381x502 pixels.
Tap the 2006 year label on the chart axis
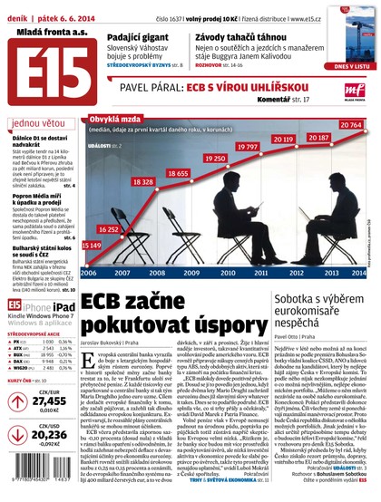click(89, 271)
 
